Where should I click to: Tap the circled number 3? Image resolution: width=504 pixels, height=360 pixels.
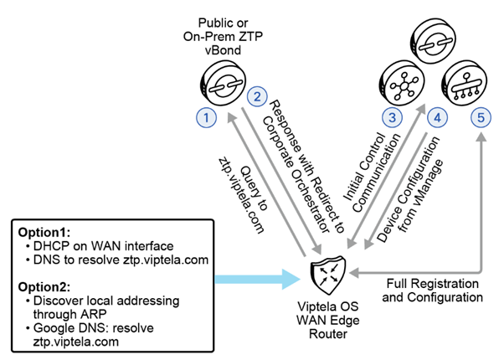(x=390, y=118)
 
